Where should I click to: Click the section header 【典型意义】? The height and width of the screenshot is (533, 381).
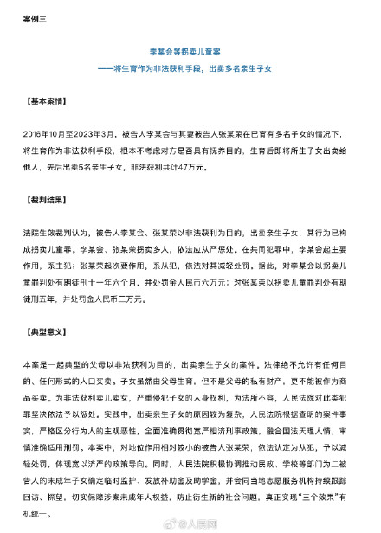click(x=53, y=332)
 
